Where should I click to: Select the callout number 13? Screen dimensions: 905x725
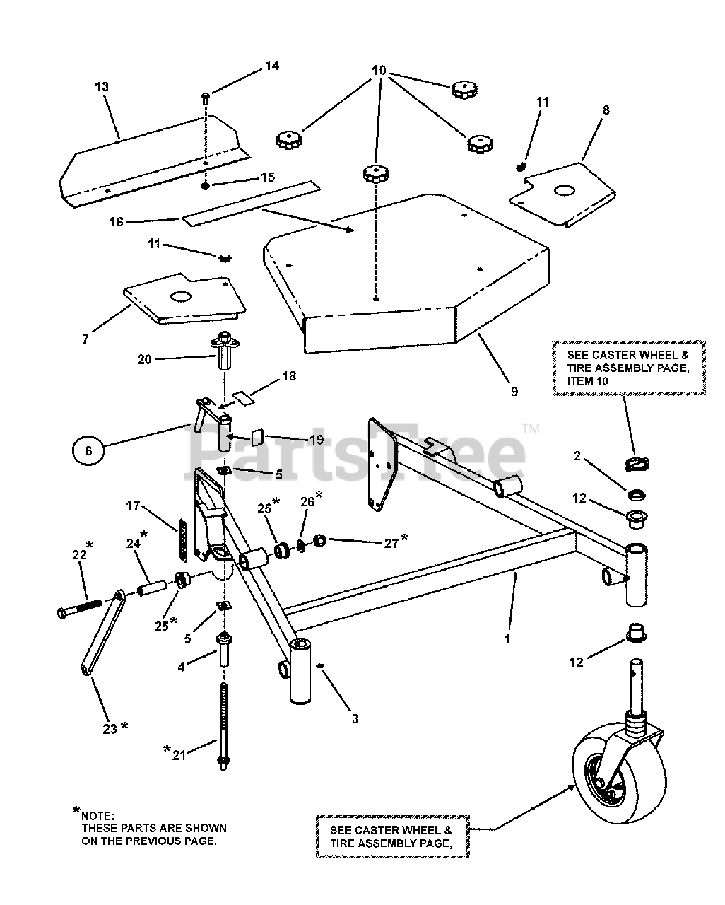pyautogui.click(x=102, y=86)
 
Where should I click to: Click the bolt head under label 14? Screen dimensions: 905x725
pyautogui.click(x=205, y=96)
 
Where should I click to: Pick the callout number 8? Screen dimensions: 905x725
pyautogui.click(x=606, y=110)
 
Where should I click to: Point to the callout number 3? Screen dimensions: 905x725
pyautogui.click(x=355, y=718)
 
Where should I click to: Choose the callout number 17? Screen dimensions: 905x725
pyautogui.click(x=133, y=506)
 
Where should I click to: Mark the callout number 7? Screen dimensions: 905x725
pyautogui.click(x=86, y=339)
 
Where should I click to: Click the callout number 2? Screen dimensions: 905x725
pyautogui.click(x=577, y=457)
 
